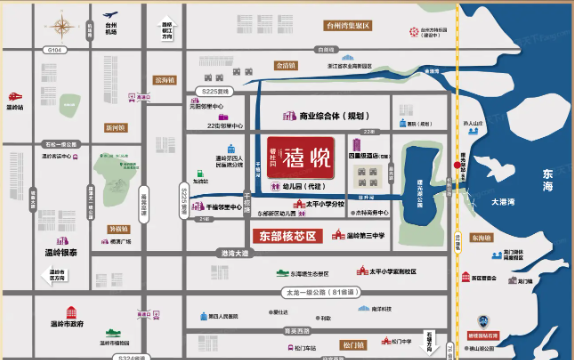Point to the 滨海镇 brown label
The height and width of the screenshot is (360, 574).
coord(164,79)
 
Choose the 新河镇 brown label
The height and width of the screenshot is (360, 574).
coord(115,127)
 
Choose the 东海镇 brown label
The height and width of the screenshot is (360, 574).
coord(482,238)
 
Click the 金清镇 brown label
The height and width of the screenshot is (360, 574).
coord(286,64)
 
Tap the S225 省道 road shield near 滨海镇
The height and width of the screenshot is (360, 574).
coord(211,90)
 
